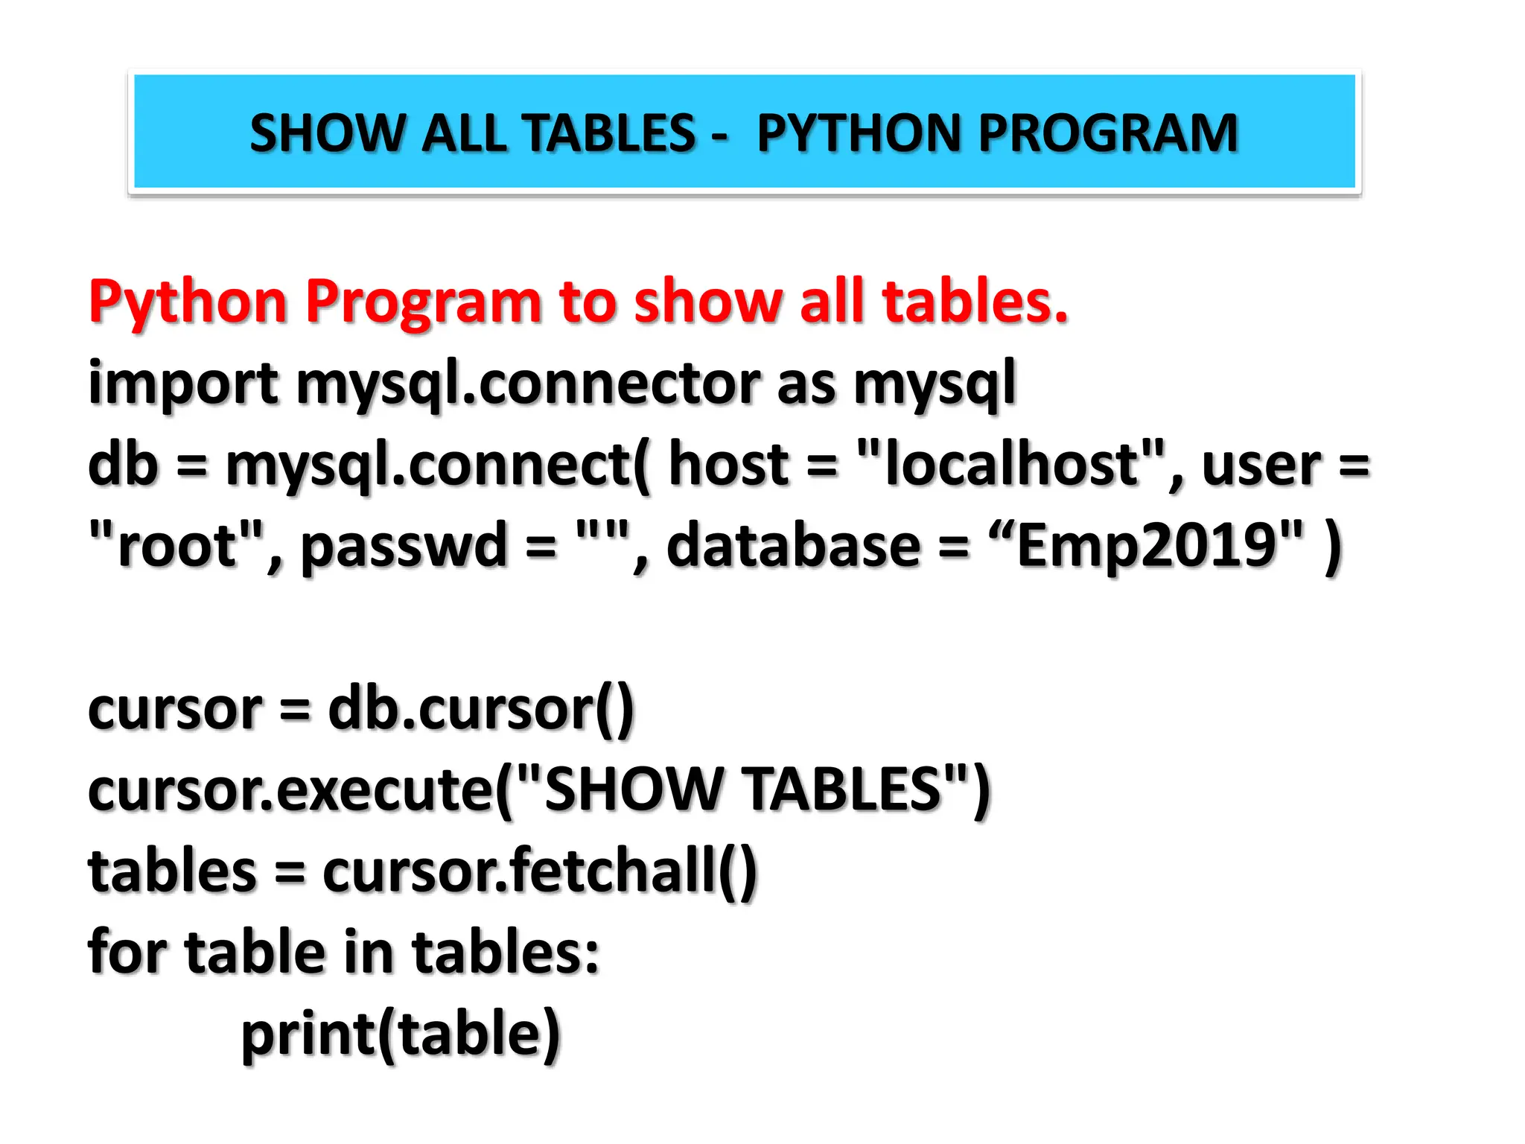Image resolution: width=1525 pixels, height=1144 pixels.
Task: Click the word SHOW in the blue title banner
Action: point(325,134)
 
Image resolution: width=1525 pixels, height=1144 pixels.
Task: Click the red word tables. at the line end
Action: point(975,302)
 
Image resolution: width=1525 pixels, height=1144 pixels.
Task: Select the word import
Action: point(183,384)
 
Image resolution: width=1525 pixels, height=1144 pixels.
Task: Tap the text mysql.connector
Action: point(528,384)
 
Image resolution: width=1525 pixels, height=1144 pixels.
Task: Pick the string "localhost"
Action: point(1010,463)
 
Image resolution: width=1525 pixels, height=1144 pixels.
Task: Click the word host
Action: point(728,463)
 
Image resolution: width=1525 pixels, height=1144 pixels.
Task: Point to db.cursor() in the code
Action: point(480,709)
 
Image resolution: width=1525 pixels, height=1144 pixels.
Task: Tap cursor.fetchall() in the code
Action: point(539,871)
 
